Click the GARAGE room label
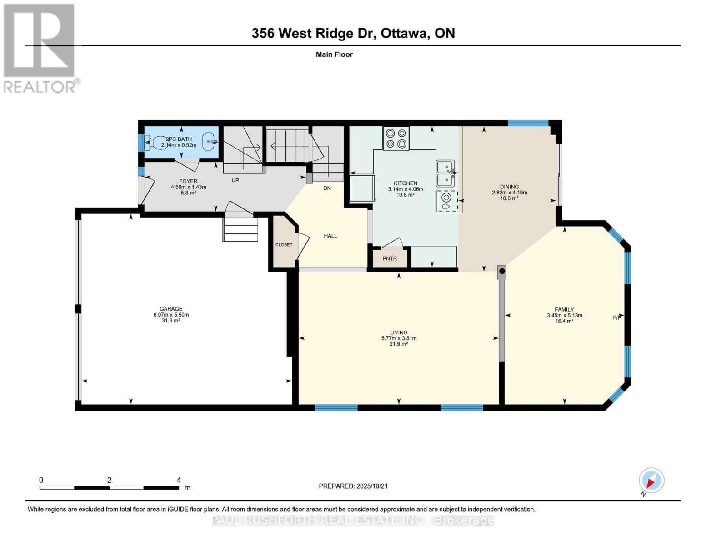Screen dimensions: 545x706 (170, 309)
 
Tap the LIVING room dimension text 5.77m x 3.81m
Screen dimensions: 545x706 (399, 338)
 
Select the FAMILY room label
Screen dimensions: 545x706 (564, 309)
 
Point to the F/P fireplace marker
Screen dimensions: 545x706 (617, 317)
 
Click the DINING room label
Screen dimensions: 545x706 (509, 187)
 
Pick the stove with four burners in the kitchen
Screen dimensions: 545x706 (396, 139)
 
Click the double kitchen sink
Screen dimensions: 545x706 (446, 173)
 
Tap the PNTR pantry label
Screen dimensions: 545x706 (390, 258)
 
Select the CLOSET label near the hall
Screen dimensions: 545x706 (284, 245)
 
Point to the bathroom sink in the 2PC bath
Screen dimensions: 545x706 (209, 142)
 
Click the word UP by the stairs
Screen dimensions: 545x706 (235, 180)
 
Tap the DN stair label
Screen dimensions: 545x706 (327, 188)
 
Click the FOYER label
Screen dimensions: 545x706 (188, 181)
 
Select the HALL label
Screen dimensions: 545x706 (330, 236)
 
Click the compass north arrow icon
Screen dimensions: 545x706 (651, 481)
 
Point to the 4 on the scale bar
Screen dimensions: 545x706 (179, 480)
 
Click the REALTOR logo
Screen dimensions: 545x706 (40, 48)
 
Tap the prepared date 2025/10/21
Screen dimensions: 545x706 (372, 486)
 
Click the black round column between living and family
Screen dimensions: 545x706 (502, 272)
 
